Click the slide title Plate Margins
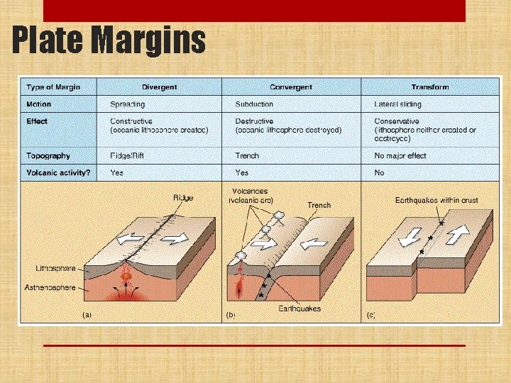(x=109, y=40)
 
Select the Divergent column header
(x=159, y=87)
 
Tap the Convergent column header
(x=291, y=87)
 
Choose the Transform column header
(x=429, y=87)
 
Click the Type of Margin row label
(x=53, y=87)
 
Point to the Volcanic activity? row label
(x=58, y=172)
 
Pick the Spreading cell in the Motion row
(x=127, y=104)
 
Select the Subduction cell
(x=254, y=104)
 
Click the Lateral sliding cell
(x=397, y=104)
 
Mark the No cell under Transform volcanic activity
(x=380, y=172)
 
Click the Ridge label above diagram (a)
(x=182, y=198)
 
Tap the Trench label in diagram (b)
(x=319, y=206)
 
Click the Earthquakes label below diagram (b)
(x=299, y=309)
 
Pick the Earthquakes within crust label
(x=436, y=201)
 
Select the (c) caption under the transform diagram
(x=371, y=313)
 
